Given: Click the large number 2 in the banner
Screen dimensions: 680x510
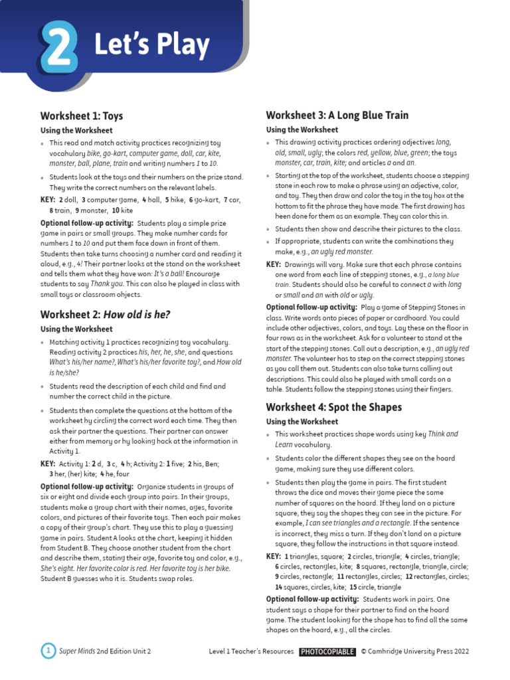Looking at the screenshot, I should click(58, 46).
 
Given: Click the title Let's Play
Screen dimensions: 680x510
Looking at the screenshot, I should click(151, 45).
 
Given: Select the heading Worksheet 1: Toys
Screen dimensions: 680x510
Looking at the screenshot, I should click(82, 116).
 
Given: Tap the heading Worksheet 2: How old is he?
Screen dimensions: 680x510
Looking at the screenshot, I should click(105, 314).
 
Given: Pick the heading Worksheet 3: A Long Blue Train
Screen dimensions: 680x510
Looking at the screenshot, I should click(337, 115).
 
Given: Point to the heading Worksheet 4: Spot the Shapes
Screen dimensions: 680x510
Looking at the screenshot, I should click(334, 406).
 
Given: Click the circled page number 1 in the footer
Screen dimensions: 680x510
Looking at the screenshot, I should click(48, 651).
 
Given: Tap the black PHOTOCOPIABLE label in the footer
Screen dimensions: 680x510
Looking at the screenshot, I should click(327, 652).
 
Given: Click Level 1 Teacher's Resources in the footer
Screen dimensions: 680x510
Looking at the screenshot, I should click(251, 652).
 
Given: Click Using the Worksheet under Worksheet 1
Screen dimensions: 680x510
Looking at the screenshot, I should click(76, 130).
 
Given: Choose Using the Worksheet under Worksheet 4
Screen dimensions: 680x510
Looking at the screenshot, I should click(302, 422).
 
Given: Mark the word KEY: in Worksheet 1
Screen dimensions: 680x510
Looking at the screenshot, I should click(48, 199).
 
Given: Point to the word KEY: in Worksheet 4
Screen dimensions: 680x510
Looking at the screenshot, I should click(274, 556).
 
